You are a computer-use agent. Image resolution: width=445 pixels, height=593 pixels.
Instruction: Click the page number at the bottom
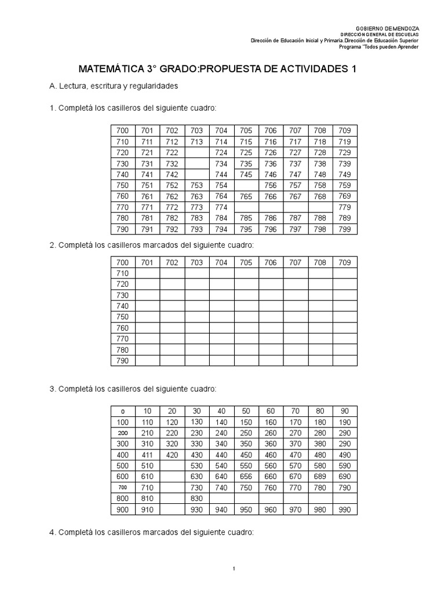[x=233, y=569]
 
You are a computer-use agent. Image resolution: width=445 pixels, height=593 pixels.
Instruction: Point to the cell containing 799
[x=344, y=229]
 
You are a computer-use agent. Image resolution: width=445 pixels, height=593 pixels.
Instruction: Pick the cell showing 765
[x=246, y=196]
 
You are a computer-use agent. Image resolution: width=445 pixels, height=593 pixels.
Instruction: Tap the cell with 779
[x=344, y=207]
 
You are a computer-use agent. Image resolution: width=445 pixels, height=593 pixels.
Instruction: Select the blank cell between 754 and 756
[x=246, y=185]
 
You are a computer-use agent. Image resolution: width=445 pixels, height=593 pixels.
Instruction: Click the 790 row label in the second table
[x=122, y=361]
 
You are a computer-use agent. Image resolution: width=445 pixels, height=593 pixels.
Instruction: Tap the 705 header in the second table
[x=246, y=262]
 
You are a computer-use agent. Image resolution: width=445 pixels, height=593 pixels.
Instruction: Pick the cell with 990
[x=344, y=510]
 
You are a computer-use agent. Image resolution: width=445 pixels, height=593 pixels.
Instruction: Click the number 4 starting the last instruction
[x=52, y=532]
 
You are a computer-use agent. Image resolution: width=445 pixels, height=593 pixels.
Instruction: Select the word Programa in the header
[x=366, y=47]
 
